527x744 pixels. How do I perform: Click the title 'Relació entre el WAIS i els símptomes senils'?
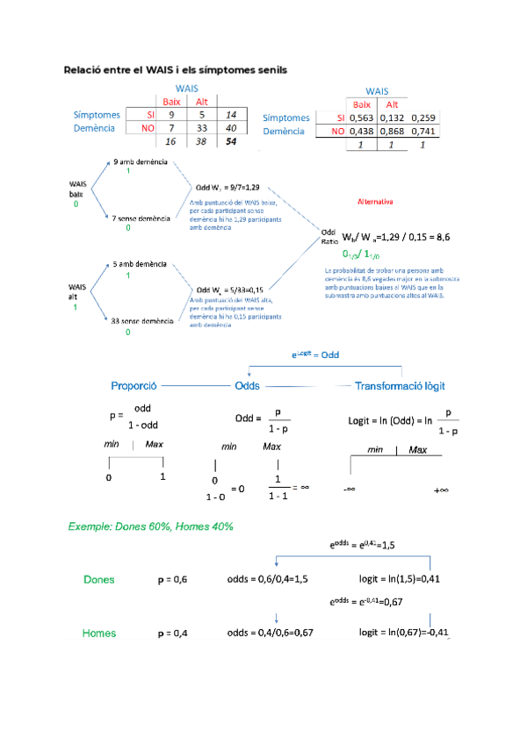pyautogui.click(x=175, y=68)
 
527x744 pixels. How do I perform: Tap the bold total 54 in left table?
pyautogui.click(x=232, y=141)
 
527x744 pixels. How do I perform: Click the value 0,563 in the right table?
pyautogui.click(x=362, y=118)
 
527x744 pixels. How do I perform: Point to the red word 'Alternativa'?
pyautogui.click(x=375, y=201)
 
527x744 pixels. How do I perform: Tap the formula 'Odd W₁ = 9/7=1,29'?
pyautogui.click(x=227, y=187)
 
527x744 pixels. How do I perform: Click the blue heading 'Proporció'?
pyautogui.click(x=134, y=386)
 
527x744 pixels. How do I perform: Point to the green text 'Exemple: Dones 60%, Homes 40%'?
pyautogui.click(x=150, y=526)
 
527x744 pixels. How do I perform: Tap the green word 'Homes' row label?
pyautogui.click(x=99, y=633)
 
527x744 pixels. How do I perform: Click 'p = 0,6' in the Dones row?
pyautogui.click(x=172, y=580)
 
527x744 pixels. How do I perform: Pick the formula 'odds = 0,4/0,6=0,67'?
pyautogui.click(x=270, y=633)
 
